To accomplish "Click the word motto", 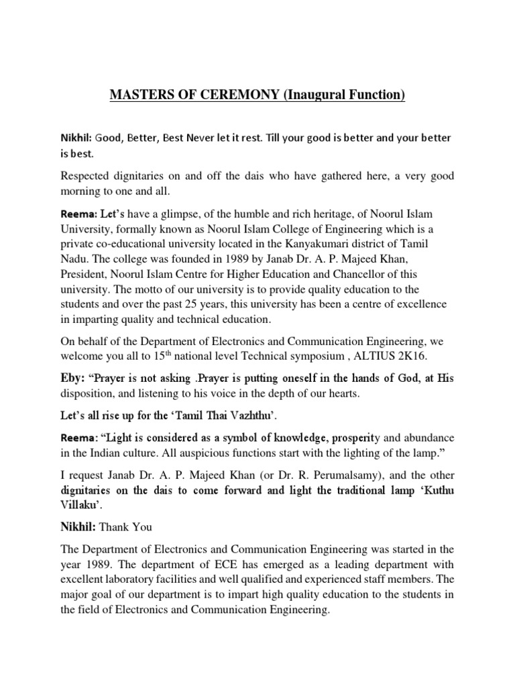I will (x=169, y=289).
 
